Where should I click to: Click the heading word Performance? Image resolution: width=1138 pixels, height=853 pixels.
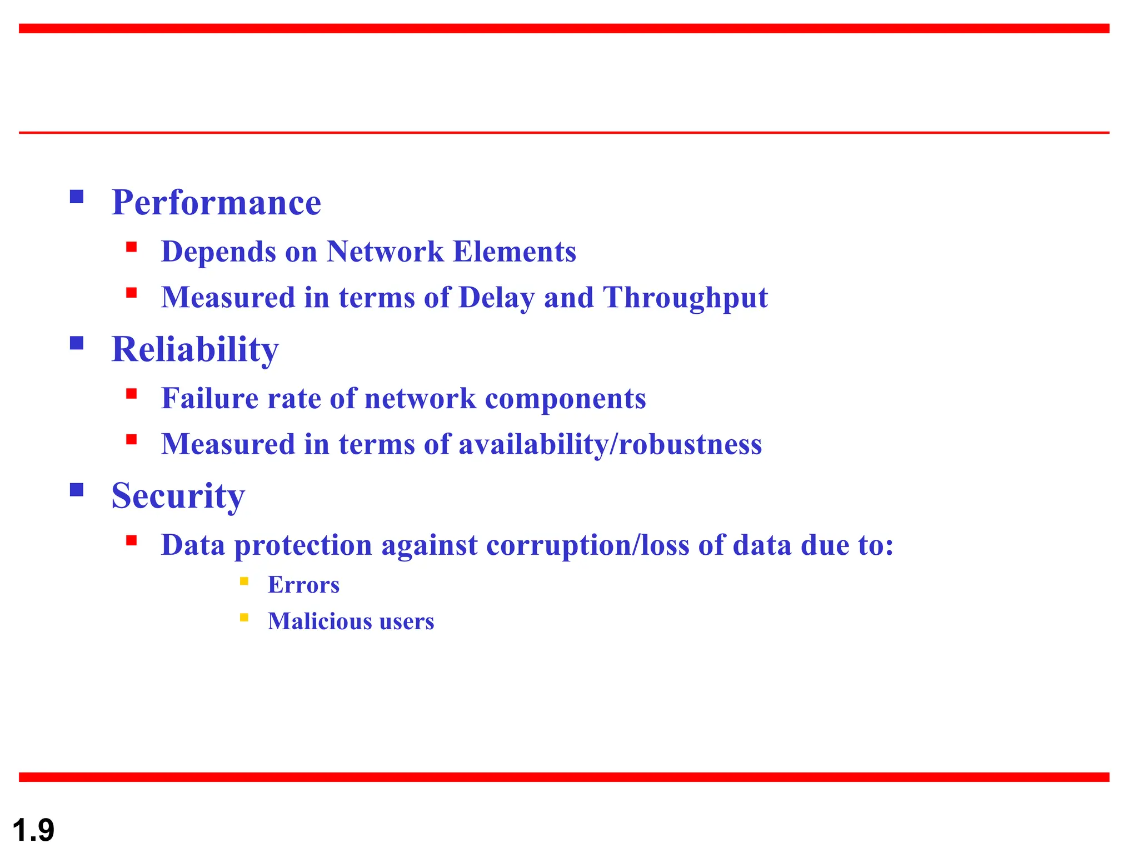(216, 203)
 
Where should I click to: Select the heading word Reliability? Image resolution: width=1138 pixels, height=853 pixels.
(195, 350)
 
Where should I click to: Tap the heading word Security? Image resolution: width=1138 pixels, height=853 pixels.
(178, 496)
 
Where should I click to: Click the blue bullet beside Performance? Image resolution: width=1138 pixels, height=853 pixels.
(77, 197)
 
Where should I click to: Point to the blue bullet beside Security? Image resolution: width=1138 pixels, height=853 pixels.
(77, 490)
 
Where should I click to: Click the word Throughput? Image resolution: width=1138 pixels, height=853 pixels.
(685, 298)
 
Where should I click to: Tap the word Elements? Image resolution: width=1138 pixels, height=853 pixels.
(515, 252)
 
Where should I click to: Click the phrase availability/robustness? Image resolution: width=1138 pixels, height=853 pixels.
(610, 445)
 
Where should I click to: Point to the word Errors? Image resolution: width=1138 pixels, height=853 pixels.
(303, 585)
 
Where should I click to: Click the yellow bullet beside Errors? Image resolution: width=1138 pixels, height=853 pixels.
(244, 581)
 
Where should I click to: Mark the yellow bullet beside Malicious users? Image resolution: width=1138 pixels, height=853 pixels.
(244, 618)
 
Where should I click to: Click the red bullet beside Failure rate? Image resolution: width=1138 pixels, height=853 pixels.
(132, 394)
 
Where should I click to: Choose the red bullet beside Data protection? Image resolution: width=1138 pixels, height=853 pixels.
(132, 541)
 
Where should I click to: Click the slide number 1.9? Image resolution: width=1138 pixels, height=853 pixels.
(33, 831)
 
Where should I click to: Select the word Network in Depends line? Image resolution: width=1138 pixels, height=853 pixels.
(385, 252)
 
